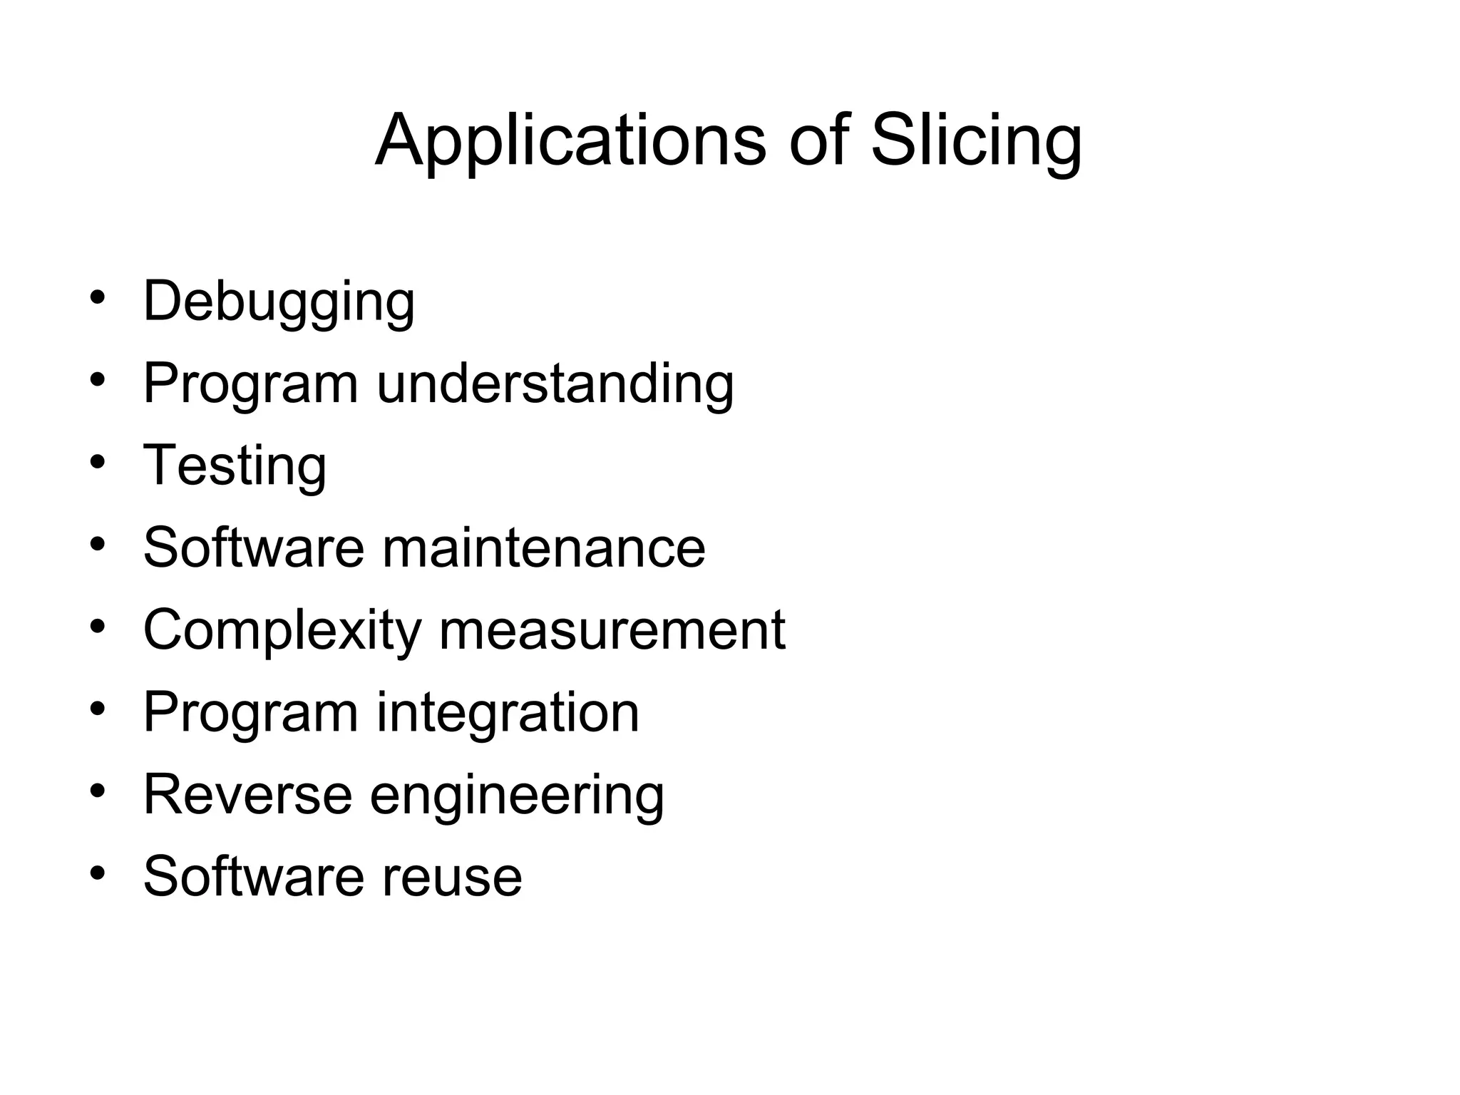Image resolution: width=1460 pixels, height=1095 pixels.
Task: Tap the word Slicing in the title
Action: coord(976,140)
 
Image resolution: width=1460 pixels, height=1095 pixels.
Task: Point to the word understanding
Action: coord(555,384)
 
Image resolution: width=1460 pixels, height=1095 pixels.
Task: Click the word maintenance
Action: coord(543,547)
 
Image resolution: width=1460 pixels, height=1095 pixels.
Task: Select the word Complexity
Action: coord(282,631)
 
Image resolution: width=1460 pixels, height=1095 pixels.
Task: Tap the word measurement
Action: coord(612,630)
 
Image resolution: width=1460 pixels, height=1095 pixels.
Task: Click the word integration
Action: coord(508,712)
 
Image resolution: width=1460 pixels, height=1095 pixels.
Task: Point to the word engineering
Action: coord(517,796)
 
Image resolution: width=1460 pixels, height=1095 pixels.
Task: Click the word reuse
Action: coord(452,876)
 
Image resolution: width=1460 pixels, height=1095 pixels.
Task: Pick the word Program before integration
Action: coord(250,713)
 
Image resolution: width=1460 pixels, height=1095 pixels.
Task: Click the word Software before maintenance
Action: coord(254,547)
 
